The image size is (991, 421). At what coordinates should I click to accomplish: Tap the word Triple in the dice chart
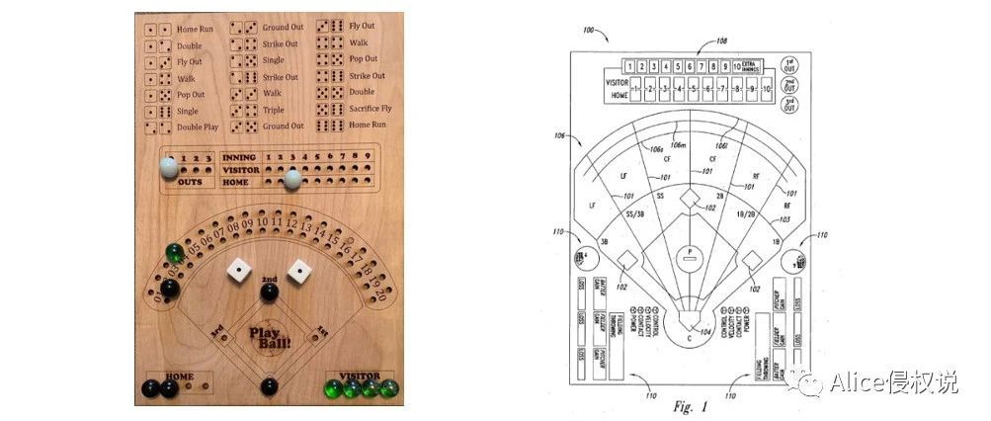point(274,110)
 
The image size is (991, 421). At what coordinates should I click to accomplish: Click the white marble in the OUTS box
point(170,168)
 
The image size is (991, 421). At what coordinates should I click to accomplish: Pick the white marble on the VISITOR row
point(292,179)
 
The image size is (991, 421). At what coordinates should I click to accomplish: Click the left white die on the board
point(238,270)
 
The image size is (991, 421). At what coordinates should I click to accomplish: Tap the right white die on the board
point(299,269)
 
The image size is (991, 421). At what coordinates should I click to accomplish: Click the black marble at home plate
point(269,386)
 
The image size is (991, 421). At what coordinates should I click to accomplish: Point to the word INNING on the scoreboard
point(240,157)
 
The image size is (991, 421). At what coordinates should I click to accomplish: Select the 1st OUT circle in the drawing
point(789,64)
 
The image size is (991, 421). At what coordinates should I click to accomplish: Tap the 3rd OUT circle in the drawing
point(789,102)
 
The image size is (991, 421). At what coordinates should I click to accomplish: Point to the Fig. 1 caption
point(691,405)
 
